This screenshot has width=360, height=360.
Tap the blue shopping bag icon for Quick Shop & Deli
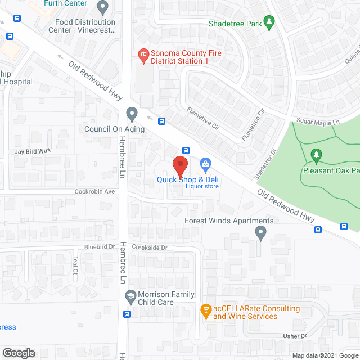point(205,164)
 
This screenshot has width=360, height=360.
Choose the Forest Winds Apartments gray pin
point(260,232)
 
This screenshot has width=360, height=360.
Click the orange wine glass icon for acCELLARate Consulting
point(205,310)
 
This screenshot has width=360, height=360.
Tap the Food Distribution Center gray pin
point(102,7)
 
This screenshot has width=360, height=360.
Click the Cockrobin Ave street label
point(95,191)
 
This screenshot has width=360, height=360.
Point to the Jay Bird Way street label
point(33,151)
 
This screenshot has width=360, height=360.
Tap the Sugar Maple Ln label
point(318,121)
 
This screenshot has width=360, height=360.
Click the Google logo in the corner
point(19,353)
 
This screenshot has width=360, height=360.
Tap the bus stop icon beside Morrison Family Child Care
point(127,314)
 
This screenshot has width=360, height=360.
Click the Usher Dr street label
point(295,336)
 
